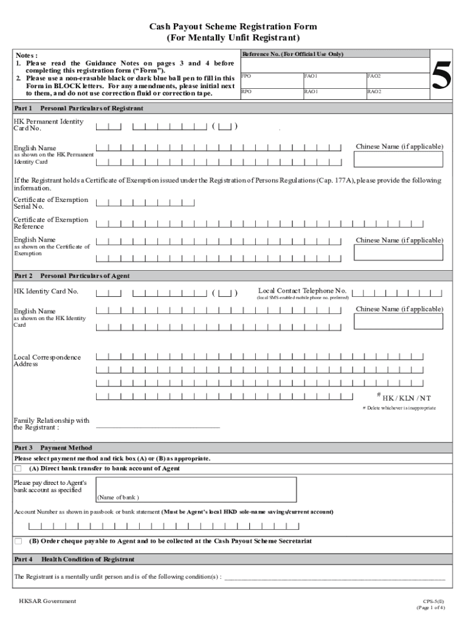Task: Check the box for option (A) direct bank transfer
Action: [x=18, y=468]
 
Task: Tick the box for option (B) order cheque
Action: [x=18, y=541]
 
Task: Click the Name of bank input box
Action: [x=196, y=489]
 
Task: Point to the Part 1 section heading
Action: [x=78, y=108]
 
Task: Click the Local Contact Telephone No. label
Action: [x=302, y=291]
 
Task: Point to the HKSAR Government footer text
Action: [x=47, y=601]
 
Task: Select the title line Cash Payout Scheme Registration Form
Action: [x=233, y=27]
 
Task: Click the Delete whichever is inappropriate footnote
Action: [x=399, y=408]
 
